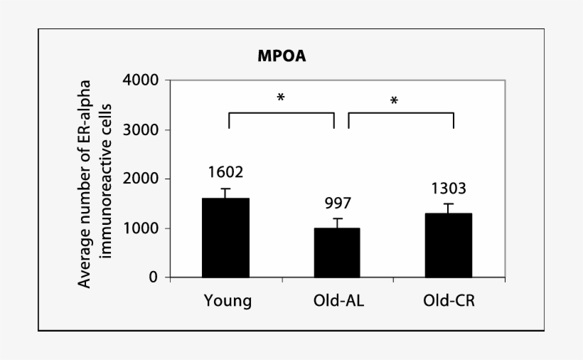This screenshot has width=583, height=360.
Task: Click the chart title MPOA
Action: point(282,57)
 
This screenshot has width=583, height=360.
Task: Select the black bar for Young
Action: point(225,238)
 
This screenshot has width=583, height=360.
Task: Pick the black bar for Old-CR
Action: point(448,245)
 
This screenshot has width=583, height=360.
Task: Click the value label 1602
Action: point(225,172)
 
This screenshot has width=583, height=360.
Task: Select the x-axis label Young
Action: point(228,301)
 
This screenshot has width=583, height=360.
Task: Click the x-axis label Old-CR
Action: point(449,301)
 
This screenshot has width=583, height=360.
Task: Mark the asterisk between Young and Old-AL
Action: point(281,97)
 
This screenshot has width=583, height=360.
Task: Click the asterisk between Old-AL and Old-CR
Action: point(393,101)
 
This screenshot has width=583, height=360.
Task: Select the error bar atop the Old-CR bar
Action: point(448,208)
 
